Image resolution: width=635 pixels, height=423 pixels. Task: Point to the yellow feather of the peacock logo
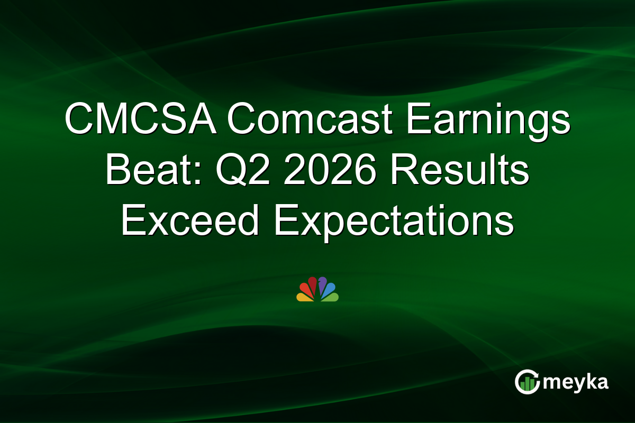pos(304,297)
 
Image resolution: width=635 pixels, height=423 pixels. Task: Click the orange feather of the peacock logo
pos(306,289)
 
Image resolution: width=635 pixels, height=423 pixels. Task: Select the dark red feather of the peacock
pos(313,284)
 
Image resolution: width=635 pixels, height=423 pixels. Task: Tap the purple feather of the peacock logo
pos(322,284)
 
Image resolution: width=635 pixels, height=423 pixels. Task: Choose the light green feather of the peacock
pos(331,297)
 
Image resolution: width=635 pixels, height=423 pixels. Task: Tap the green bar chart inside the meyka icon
pos(526,384)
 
